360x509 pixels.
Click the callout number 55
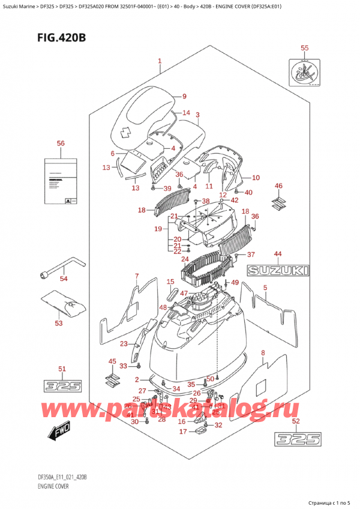click(x=304, y=47)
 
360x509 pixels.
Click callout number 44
click(x=278, y=254)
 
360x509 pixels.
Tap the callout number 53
click(x=58, y=324)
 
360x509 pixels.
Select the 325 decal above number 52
click(x=296, y=439)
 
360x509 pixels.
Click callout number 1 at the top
click(x=160, y=61)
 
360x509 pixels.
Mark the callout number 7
click(x=137, y=277)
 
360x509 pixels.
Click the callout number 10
click(x=256, y=178)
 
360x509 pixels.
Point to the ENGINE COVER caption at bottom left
click(x=52, y=486)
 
